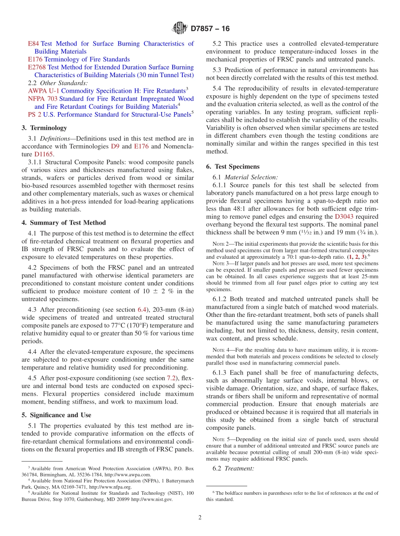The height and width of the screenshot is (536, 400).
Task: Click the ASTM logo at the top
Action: [180, 29]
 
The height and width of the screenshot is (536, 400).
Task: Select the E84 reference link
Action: [33, 44]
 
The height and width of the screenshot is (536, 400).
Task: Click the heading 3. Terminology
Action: [44, 128]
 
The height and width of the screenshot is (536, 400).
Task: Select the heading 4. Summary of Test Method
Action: [64, 223]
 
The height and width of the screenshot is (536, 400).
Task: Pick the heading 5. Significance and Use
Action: [56, 415]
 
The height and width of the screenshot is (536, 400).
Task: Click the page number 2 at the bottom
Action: [200, 517]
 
